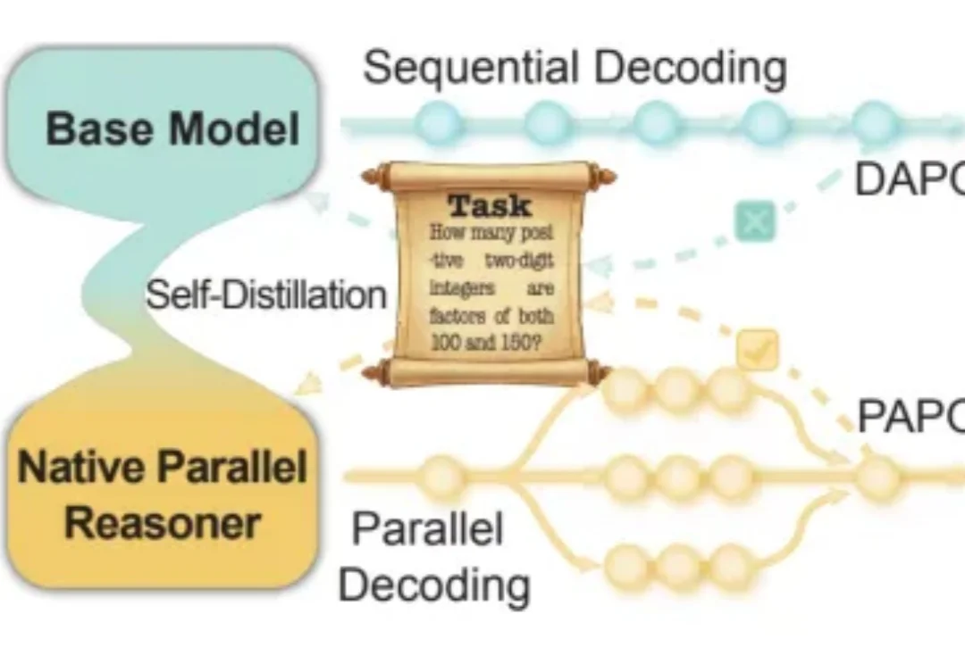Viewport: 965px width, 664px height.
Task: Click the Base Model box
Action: [170, 128]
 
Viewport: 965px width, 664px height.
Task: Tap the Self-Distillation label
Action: [265, 295]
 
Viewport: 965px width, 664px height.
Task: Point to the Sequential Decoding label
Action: [575, 69]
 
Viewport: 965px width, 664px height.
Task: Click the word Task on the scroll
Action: [489, 206]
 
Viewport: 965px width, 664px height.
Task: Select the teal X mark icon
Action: [755, 222]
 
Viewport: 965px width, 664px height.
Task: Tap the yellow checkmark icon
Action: [757, 351]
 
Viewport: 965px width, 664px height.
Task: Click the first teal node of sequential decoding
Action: [439, 123]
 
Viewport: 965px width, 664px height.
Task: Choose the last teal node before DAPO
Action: [874, 123]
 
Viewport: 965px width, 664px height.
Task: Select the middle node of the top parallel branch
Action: [677, 389]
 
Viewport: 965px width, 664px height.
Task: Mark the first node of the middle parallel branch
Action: [625, 477]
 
